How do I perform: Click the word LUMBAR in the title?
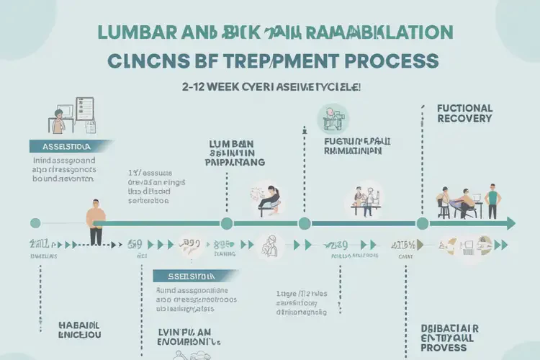coord(131,32)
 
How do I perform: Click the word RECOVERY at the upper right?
coord(464,118)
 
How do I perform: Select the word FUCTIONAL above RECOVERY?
coord(464,107)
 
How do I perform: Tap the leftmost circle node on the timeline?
coord(35,223)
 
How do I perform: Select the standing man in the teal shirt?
coord(493,201)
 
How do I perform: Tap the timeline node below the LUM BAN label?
coord(227,223)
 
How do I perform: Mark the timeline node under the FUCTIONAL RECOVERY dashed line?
coord(423,223)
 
